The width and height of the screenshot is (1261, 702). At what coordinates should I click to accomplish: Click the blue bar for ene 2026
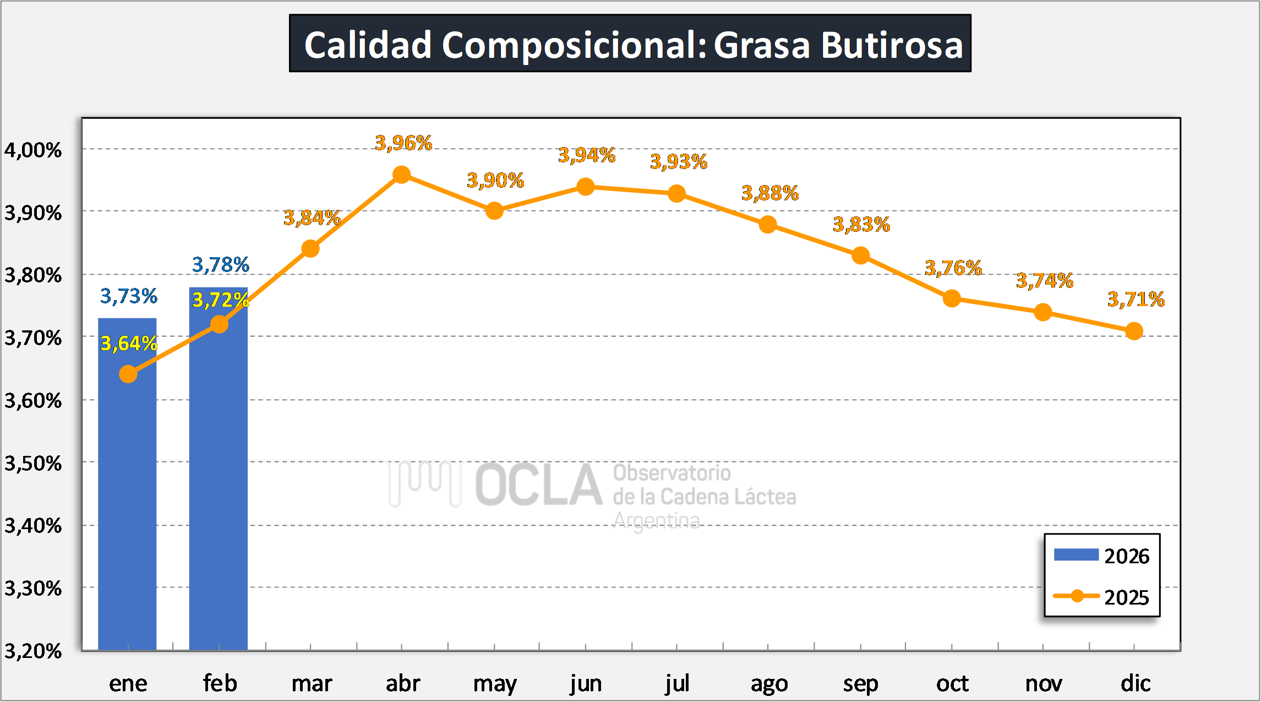point(127,496)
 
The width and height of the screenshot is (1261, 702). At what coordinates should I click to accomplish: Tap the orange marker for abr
point(402,175)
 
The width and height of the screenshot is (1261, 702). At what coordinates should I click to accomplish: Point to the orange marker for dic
point(1134,331)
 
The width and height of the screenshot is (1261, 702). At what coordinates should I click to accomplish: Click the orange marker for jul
point(676,194)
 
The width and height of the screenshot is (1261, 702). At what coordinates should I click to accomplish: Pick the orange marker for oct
point(952,299)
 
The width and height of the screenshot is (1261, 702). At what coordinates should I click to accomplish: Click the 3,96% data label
point(403,143)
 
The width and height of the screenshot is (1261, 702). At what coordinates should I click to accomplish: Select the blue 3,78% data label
point(220,265)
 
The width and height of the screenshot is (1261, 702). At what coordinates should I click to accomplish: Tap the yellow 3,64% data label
point(129,344)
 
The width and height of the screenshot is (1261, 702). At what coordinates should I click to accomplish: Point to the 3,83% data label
point(861,225)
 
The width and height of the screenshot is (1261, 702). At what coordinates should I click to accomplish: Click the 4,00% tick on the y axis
point(33,150)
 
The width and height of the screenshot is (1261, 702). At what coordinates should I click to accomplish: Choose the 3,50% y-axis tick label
point(33,463)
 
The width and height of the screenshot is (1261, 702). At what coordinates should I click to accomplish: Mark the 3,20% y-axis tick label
point(33,651)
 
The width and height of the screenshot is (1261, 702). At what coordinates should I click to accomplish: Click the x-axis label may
point(495,684)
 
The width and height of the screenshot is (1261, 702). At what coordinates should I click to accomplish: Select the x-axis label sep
point(860,684)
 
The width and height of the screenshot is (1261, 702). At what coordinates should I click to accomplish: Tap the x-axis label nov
point(1044,684)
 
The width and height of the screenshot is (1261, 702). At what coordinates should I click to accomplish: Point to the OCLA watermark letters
point(538,485)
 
